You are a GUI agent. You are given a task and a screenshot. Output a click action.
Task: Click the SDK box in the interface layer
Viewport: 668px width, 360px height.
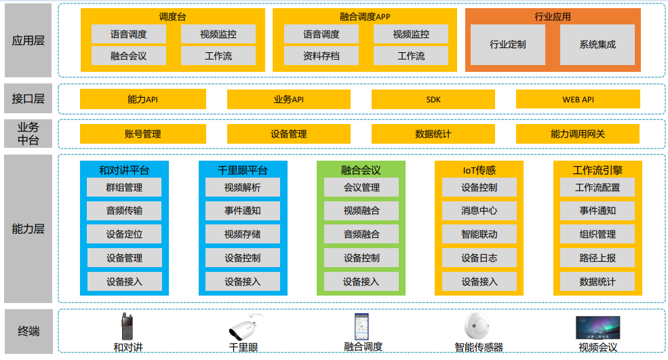(433, 100)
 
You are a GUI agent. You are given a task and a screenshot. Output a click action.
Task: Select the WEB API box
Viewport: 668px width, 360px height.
(578, 100)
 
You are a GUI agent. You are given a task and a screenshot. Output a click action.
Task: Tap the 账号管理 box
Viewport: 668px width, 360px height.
(143, 134)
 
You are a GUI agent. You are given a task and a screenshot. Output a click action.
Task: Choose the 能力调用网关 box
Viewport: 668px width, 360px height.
(578, 134)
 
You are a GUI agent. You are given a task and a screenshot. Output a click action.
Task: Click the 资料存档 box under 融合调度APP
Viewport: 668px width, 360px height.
(321, 56)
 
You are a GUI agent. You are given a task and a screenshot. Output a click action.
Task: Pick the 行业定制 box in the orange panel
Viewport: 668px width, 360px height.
(508, 45)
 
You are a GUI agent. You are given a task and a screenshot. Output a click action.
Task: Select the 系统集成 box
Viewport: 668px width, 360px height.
(597, 45)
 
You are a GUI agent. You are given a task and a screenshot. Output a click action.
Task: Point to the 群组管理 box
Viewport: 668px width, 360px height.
(124, 188)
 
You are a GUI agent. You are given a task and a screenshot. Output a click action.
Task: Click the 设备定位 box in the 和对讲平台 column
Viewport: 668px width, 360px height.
(124, 235)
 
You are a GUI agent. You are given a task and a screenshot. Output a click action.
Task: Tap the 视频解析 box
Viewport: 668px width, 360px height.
(242, 188)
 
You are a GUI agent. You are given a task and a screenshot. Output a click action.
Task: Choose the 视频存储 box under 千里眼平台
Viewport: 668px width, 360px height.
(242, 235)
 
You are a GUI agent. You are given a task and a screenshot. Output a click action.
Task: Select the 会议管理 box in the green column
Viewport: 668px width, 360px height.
(361, 188)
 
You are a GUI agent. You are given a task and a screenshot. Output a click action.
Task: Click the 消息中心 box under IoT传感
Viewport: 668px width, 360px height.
(479, 211)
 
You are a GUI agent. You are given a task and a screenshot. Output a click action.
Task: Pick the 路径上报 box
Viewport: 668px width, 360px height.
(597, 258)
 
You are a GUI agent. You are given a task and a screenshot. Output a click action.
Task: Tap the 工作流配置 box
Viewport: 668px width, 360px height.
(597, 188)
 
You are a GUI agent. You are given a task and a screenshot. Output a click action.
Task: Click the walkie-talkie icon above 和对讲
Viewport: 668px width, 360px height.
(126, 327)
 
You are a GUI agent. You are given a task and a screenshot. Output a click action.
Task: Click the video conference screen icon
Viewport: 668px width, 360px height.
(597, 327)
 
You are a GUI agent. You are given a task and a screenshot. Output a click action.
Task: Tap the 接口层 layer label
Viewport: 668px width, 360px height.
(28, 99)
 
